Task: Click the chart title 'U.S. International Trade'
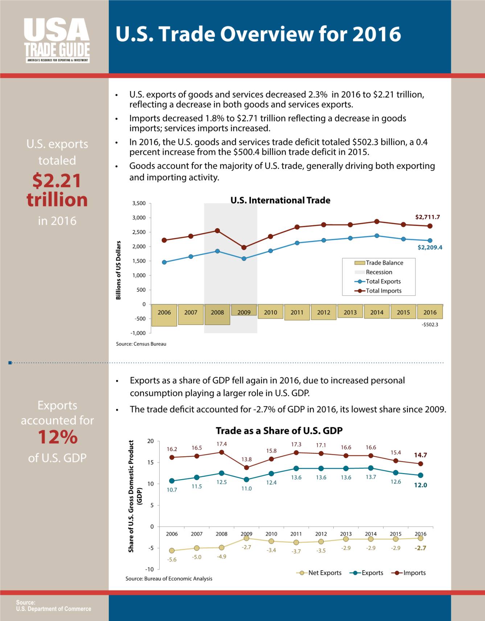click(x=280, y=200)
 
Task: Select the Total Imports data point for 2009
click(x=244, y=247)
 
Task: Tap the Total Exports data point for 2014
click(x=377, y=236)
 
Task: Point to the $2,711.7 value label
click(x=427, y=217)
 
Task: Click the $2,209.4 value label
click(x=430, y=247)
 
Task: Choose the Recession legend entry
click(x=373, y=272)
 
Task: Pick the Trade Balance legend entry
click(x=379, y=263)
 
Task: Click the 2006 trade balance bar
click(x=164, y=315)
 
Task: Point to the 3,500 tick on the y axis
click(x=139, y=203)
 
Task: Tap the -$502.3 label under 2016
click(x=430, y=325)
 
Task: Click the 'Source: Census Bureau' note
click(x=141, y=344)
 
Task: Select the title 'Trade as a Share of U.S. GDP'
click(x=279, y=431)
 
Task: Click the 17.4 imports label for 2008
click(x=222, y=444)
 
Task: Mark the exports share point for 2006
click(x=172, y=481)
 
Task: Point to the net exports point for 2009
click(x=246, y=538)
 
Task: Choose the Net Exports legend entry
click(x=319, y=573)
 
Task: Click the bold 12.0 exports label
click(x=420, y=485)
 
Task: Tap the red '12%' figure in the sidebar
click(x=57, y=437)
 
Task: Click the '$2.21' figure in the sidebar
click(x=57, y=180)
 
